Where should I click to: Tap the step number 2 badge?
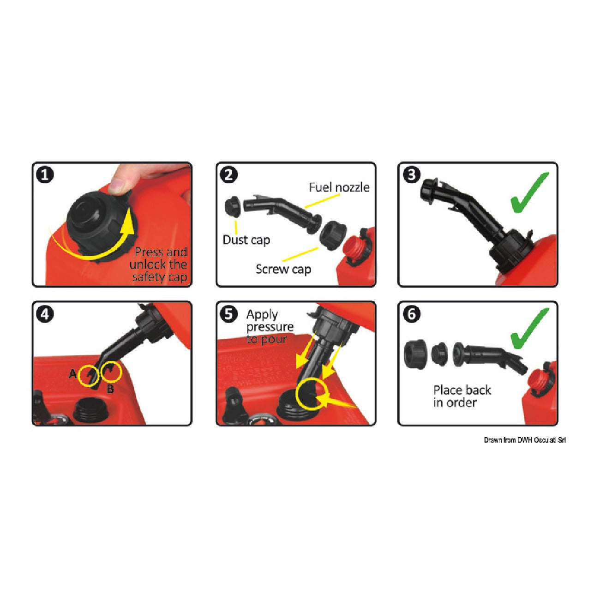click(229, 175)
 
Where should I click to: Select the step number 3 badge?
click(412, 175)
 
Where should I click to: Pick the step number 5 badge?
click(229, 314)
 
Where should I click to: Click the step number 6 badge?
click(412, 314)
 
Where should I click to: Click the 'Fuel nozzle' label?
click(339, 187)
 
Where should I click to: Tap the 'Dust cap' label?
click(246, 240)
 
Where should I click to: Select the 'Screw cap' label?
click(283, 269)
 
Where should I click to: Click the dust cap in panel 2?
click(233, 206)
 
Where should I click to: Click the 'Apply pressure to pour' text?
click(270, 327)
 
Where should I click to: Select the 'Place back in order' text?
click(462, 396)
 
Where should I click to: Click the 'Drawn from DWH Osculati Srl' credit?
click(525, 440)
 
